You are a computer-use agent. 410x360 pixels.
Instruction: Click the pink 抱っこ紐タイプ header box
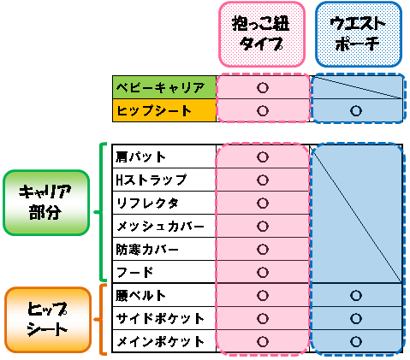pos(262,34)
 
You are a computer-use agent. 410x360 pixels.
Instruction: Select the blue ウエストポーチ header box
pos(359,34)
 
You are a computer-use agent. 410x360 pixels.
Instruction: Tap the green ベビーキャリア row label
pos(164,87)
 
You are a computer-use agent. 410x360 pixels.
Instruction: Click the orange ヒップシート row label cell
pos(164,110)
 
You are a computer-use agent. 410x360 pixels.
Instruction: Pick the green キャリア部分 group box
pos(46,203)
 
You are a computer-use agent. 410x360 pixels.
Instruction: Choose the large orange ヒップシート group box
pos(48,320)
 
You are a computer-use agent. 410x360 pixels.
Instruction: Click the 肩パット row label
pos(140,157)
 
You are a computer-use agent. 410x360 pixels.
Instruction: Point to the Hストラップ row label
pos(152,180)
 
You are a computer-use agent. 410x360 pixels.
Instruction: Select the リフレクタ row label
pos(147,204)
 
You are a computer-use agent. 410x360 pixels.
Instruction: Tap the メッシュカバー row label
pos(160,227)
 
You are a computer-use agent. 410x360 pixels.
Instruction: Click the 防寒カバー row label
pos(147,250)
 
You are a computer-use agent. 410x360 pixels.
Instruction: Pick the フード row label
pos(134,273)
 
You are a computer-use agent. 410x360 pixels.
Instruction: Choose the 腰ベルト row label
pos(140,296)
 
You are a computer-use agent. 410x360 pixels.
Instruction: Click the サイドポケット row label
pos(160,319)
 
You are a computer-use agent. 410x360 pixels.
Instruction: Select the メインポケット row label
pos(160,342)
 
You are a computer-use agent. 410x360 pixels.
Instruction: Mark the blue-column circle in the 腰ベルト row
pos(356,296)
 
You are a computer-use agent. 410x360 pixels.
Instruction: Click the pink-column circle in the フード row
pos(263,273)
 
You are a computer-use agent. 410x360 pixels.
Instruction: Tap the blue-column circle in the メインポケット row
pos(356,342)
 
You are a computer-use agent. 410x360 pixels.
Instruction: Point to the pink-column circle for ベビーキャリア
pos(263,87)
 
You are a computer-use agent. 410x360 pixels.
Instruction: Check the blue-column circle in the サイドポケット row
pos(356,319)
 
